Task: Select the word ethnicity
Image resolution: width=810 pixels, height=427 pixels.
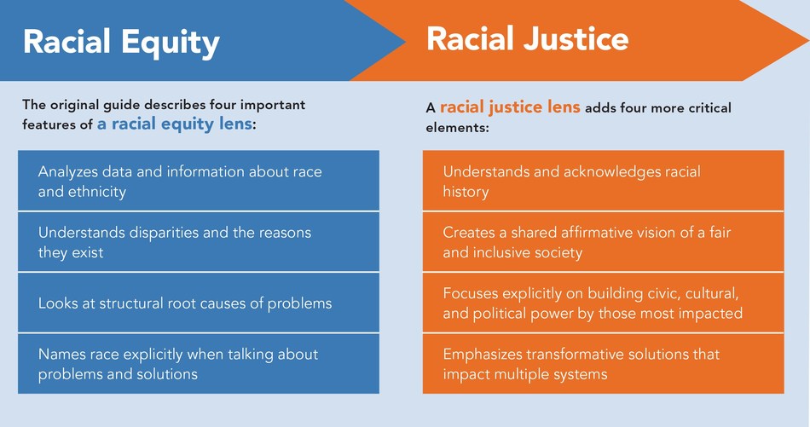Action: coord(96,192)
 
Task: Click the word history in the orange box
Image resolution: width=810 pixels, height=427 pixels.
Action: coord(466,192)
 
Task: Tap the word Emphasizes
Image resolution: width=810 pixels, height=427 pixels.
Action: coord(481,354)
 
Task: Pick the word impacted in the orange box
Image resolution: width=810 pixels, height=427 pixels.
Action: coord(712,314)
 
